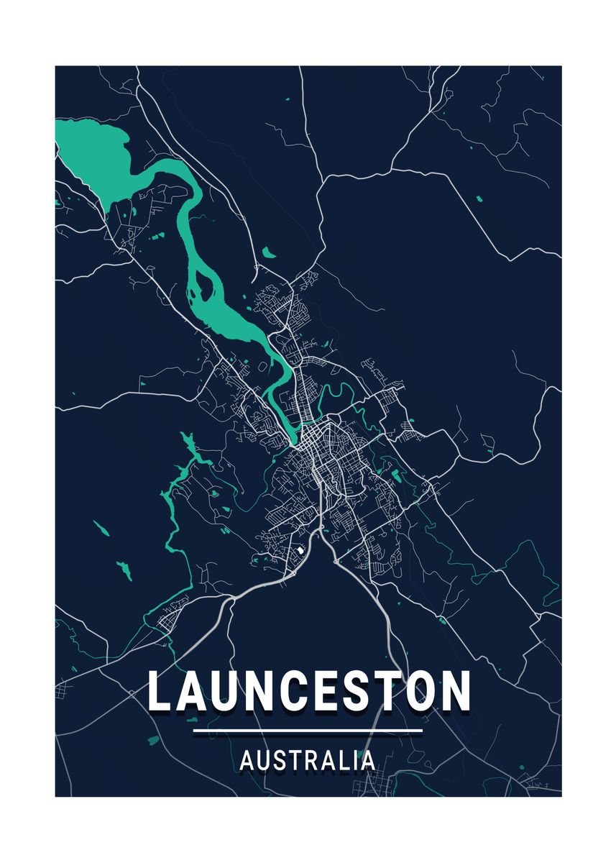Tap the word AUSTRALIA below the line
[x=307, y=760]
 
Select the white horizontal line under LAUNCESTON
[x=308, y=731]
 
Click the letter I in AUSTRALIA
[x=356, y=760]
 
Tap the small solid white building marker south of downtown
[x=300, y=550]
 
